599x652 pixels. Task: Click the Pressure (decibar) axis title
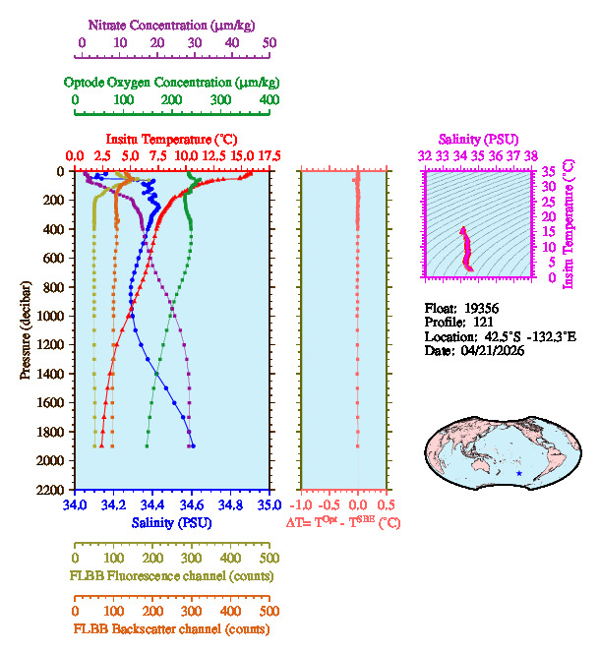coord(26,330)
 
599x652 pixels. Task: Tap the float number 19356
coord(479,308)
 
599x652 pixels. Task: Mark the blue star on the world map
coord(519,474)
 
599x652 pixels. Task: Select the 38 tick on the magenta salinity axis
coord(531,155)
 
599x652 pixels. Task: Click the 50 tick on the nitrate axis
coord(270,43)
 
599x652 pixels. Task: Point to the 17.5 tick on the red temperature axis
coord(270,155)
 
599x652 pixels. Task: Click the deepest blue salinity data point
coord(193,445)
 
